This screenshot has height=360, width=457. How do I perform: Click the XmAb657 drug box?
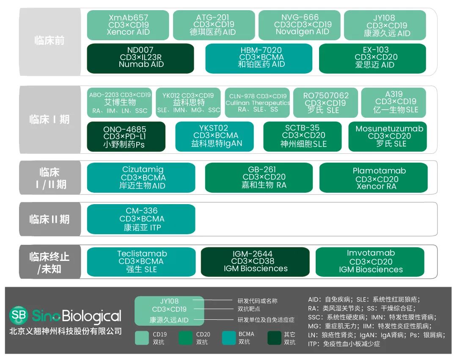pos(128,25)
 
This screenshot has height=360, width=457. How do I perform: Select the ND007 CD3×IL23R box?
pos(140,58)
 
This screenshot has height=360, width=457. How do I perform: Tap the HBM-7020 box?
pos(259,58)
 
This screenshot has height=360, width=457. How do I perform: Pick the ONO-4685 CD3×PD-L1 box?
pos(126,136)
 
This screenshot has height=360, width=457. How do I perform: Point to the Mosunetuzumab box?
pos(389,136)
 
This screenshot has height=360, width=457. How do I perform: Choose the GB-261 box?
pos(259,178)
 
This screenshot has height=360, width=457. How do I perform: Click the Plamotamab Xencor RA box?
pos(373,178)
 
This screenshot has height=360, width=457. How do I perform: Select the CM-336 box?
pos(141,219)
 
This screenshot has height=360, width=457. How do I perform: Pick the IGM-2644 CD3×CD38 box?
pos(255,262)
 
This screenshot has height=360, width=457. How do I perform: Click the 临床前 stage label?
pos(50,42)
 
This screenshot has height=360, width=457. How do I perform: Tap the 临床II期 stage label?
pos(50,219)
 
